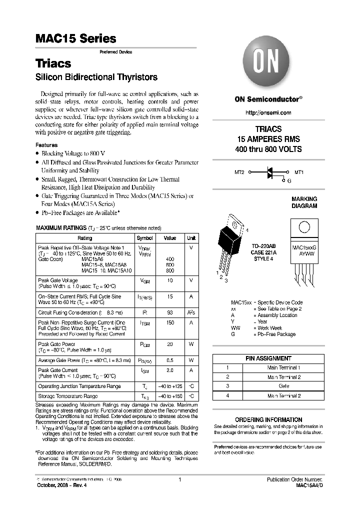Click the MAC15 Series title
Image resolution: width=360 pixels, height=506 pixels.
[x=75, y=38]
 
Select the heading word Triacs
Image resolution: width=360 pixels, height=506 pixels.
[x=53, y=63]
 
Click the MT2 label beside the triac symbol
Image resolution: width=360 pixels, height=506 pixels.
[x=239, y=172]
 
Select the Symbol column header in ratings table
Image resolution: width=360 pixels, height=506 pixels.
[x=145, y=238]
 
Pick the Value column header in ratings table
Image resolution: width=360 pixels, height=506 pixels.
[x=170, y=238]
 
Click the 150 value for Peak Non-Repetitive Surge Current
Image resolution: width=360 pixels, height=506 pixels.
[x=170, y=323]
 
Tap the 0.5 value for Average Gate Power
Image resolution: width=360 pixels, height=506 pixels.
[x=170, y=360]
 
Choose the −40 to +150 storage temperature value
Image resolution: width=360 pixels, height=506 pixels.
[x=170, y=396]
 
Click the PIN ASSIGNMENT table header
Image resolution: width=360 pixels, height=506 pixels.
[x=268, y=358]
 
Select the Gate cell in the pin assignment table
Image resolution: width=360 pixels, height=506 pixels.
[x=283, y=386]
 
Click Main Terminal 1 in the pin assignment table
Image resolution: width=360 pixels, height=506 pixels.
[x=283, y=367]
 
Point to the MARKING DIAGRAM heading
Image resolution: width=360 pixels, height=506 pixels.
[x=304, y=202]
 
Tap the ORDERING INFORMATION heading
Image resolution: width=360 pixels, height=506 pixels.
[x=268, y=419]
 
